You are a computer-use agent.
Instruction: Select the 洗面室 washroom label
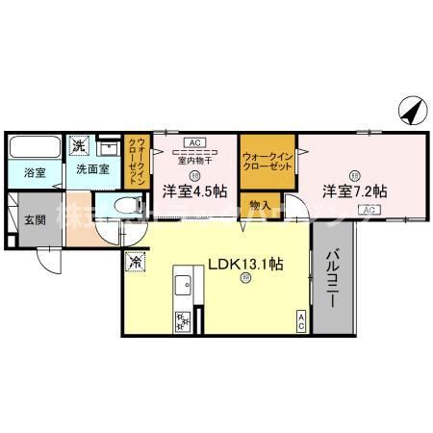pos(91,169)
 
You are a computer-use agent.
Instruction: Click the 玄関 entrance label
pos(34,217)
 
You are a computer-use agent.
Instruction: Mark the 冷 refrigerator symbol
pos(134,259)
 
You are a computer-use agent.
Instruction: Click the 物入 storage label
pos(259,205)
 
